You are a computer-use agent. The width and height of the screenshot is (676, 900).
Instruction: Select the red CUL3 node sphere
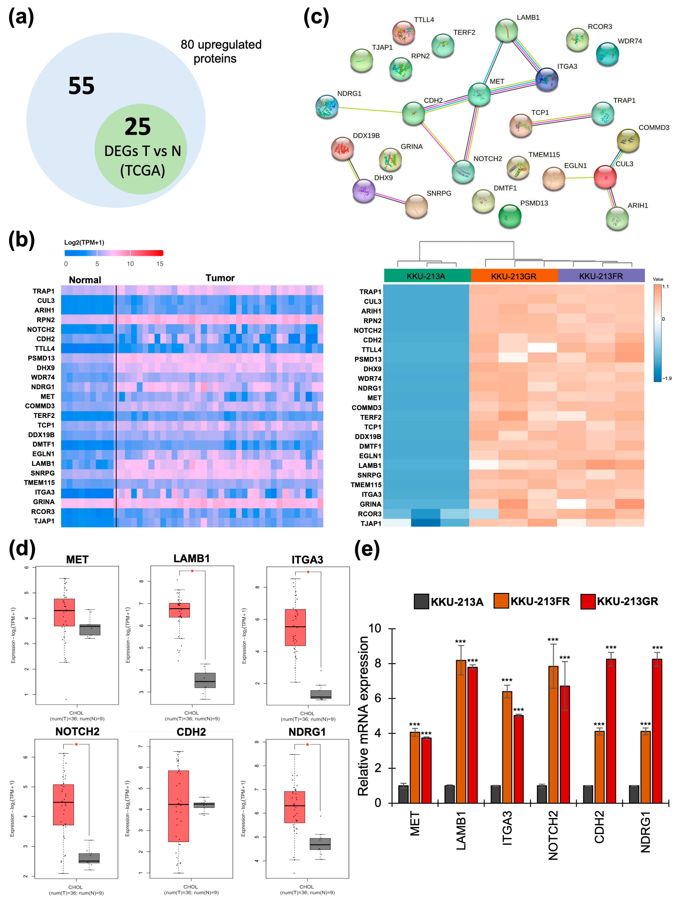[605, 177]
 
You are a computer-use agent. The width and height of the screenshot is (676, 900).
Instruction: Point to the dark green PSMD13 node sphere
[510, 216]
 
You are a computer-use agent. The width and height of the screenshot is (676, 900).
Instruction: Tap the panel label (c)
[316, 18]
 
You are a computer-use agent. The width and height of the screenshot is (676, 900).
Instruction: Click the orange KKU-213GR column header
[514, 276]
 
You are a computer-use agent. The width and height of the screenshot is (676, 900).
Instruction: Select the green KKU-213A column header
[426, 276]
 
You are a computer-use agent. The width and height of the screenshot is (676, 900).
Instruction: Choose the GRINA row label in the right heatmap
[370, 504]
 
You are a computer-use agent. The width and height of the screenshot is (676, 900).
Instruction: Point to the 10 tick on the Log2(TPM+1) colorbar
[130, 264]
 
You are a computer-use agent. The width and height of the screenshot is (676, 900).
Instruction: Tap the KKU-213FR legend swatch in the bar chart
[501, 601]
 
